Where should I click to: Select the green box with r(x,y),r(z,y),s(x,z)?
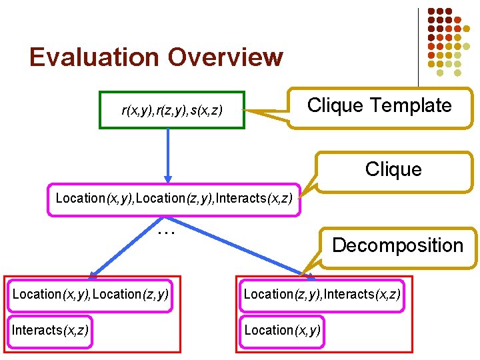click(172, 109)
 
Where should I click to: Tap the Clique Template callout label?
click(379, 105)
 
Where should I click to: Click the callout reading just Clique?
click(393, 169)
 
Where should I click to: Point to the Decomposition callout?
click(397, 245)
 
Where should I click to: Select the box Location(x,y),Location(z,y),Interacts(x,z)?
click(173, 198)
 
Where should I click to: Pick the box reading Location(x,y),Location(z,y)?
click(90, 294)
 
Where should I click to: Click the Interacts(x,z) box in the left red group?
click(50, 330)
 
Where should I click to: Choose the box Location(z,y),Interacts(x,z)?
click(322, 294)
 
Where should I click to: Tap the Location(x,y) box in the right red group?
click(282, 330)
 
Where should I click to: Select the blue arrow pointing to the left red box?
click(127, 247)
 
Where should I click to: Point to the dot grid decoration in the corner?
click(449, 38)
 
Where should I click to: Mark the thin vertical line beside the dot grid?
click(419, 47)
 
